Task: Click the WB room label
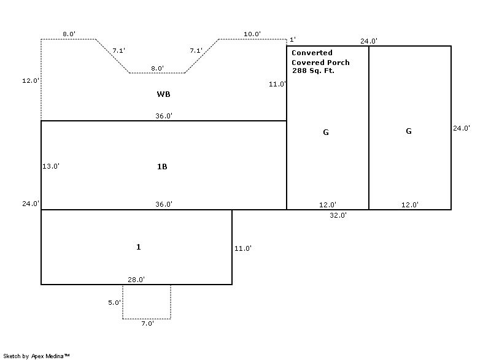pos(163,94)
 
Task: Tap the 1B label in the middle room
pos(162,167)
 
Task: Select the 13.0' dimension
pos(51,166)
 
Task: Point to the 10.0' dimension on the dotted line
pos(252,34)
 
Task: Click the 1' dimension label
pos(293,39)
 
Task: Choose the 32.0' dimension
pos(338,215)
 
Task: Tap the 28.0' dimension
pos(136,279)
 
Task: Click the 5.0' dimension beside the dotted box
pos(114,302)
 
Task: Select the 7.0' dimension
pos(147,323)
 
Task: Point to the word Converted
pos(312,53)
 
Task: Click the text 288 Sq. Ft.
pos(313,71)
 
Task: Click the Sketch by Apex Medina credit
pos(36,356)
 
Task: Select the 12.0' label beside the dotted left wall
pos(31,80)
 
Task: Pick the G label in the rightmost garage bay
pos(409,131)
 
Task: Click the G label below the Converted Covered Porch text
pos(326,132)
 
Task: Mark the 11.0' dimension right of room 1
pos(243,248)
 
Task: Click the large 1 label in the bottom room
pos(139,247)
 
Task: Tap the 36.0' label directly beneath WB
pos(164,116)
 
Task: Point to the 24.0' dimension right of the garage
pos(462,128)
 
